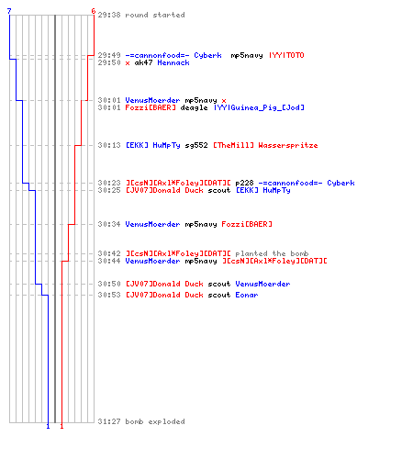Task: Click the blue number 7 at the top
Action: [x=9, y=11]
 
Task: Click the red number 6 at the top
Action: [x=94, y=11]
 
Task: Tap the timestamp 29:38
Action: [x=109, y=15]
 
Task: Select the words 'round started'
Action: [x=155, y=15]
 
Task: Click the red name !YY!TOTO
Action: [x=286, y=55]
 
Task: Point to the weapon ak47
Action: [x=143, y=62]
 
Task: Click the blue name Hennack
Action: [x=173, y=62]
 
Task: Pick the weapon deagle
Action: [x=194, y=107]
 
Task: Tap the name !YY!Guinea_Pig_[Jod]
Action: [x=259, y=107]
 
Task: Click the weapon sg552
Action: [x=196, y=145]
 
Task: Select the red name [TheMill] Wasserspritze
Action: [x=265, y=145]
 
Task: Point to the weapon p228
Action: [x=244, y=183]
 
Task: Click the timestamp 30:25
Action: [x=109, y=190]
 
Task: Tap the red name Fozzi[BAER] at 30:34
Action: [x=247, y=224]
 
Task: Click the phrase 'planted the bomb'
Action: [x=272, y=253]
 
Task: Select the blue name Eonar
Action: [x=247, y=295]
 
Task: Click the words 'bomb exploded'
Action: [x=155, y=421]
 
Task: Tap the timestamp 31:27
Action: [x=109, y=421]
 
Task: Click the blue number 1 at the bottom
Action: [x=48, y=426]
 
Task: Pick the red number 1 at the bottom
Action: [x=61, y=426]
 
